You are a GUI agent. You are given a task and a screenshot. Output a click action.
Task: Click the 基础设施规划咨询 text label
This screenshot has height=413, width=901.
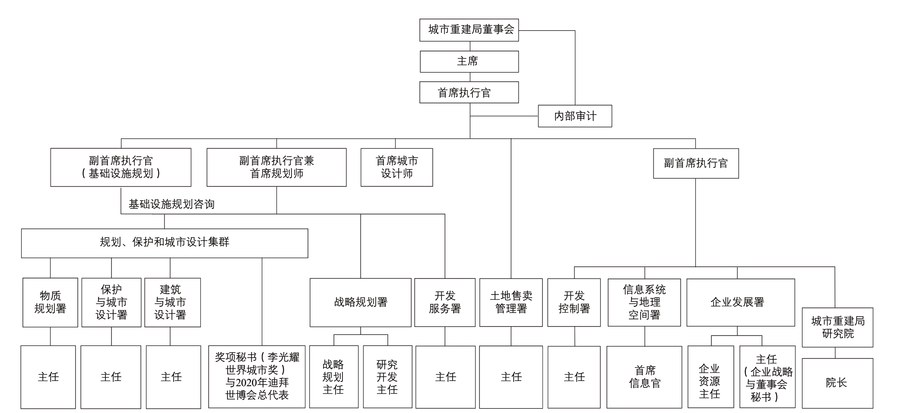(x=171, y=204)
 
